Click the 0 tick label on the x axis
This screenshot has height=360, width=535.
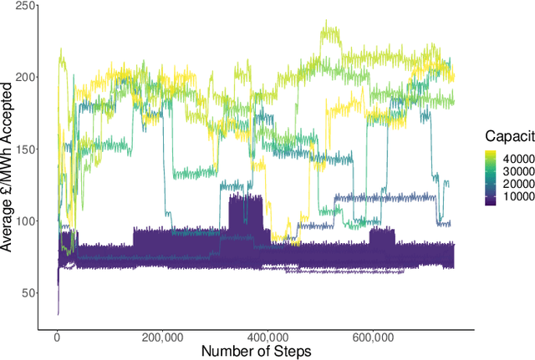pyautogui.click(x=57, y=337)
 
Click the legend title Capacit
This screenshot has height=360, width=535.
pyautogui.click(x=508, y=134)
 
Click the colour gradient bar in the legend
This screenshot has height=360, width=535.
pyautogui.click(x=492, y=177)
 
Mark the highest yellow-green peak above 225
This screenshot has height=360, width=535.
pyautogui.click(x=325, y=25)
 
